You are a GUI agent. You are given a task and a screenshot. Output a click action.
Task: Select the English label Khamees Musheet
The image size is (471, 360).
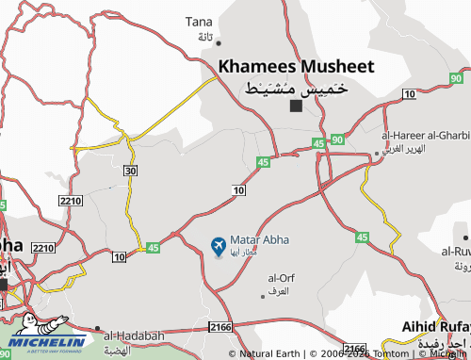tap(296, 67)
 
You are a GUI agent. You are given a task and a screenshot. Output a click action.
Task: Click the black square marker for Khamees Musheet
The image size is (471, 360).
tap(296, 106)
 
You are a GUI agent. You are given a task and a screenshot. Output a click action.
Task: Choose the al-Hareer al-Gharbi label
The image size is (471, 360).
tap(425, 135)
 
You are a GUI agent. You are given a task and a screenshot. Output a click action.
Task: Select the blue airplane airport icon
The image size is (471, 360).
tap(218, 247)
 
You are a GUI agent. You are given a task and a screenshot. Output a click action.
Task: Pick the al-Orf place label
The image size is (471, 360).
tap(281, 278)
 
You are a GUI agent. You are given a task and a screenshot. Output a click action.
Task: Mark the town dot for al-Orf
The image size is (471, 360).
tap(263, 295)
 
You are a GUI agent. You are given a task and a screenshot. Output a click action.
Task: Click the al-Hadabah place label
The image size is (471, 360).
tap(134, 335)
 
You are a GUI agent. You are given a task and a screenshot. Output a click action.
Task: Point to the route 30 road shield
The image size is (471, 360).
tap(130, 170)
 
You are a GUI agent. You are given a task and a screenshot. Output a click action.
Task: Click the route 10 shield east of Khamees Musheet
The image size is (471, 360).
tap(409, 93)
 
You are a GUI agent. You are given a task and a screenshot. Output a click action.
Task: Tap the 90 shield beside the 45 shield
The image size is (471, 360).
tap(337, 139)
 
